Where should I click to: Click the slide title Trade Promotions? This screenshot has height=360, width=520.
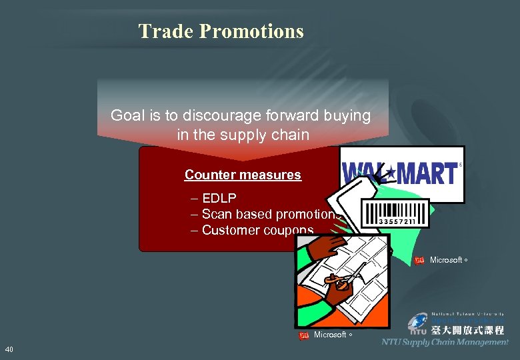tap(221, 31)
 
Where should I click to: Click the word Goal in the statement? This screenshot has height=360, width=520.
tap(126, 115)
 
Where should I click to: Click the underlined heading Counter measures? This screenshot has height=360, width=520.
tap(243, 175)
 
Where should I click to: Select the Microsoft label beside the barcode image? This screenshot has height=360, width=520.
tap(446, 260)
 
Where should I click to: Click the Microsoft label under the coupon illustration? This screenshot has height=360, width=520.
tap(330, 335)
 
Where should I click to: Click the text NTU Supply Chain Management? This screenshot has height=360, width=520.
tap(445, 342)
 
